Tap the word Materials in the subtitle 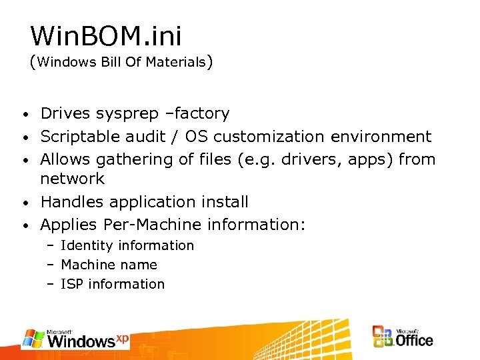coord(175,63)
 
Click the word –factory coord(197,114)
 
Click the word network coord(73,179)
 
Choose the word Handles coord(70,201)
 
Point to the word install coord(225,201)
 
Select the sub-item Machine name coord(109,265)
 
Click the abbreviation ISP coord(71,284)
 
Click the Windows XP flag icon coord(33,338)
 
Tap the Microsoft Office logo coord(403,336)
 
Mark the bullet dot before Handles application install coord(24,202)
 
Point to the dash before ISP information coord(51,284)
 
